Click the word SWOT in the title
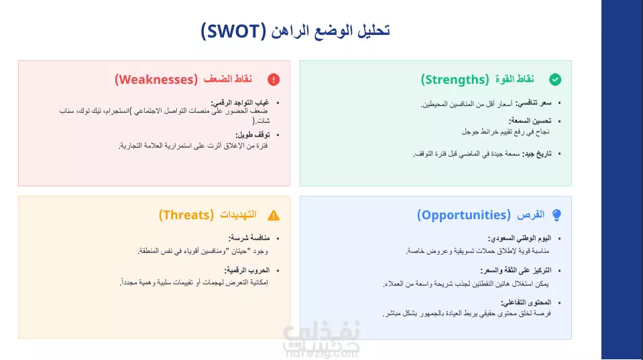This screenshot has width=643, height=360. (x=233, y=31)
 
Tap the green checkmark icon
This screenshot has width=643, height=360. (x=555, y=79)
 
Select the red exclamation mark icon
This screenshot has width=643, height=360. (x=274, y=79)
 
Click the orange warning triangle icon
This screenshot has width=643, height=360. (x=274, y=215)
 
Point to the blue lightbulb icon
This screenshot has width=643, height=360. (x=557, y=215)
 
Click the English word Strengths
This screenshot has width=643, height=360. (x=455, y=80)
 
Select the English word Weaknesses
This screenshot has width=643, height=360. (x=156, y=80)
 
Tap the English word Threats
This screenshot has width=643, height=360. (x=186, y=215)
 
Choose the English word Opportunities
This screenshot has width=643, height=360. (x=464, y=215)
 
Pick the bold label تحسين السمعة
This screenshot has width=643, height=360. (x=530, y=121)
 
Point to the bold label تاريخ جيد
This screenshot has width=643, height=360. (x=537, y=154)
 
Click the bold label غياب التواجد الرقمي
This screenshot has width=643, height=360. (x=240, y=103)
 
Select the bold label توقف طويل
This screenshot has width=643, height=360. (x=253, y=135)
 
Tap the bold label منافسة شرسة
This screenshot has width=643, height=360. (x=249, y=238)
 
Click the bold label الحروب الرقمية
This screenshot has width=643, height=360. (x=247, y=270)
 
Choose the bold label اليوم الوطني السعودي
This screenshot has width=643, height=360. (x=520, y=238)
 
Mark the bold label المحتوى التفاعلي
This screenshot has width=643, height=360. (x=526, y=302)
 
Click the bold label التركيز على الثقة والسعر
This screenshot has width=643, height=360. (x=516, y=271)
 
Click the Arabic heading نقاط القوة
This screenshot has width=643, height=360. (x=515, y=79)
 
